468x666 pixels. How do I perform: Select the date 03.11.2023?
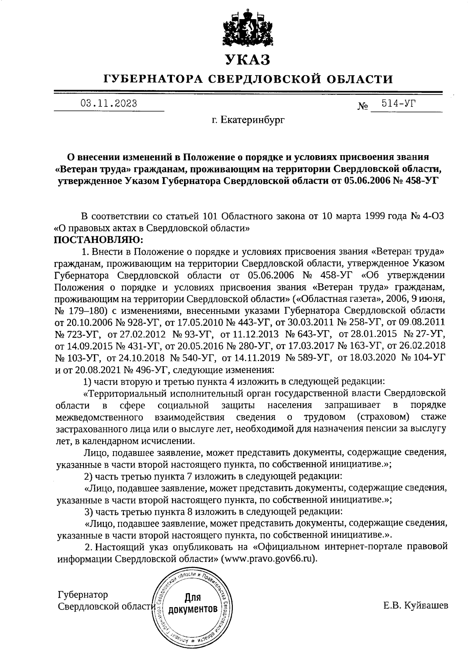point(108,104)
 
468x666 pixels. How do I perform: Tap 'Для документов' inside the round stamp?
point(192,603)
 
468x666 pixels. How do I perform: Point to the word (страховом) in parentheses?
point(383,417)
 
